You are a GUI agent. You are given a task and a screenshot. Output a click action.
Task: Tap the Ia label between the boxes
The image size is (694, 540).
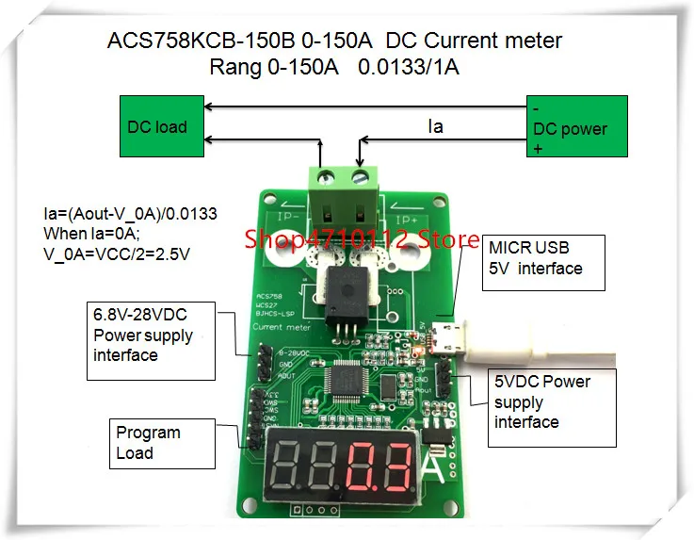pos(435,125)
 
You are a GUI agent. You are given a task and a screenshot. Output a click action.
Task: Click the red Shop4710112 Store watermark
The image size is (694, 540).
pos(363,240)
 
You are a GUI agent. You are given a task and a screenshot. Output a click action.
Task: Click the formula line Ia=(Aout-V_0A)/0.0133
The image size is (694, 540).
pos(130,214)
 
